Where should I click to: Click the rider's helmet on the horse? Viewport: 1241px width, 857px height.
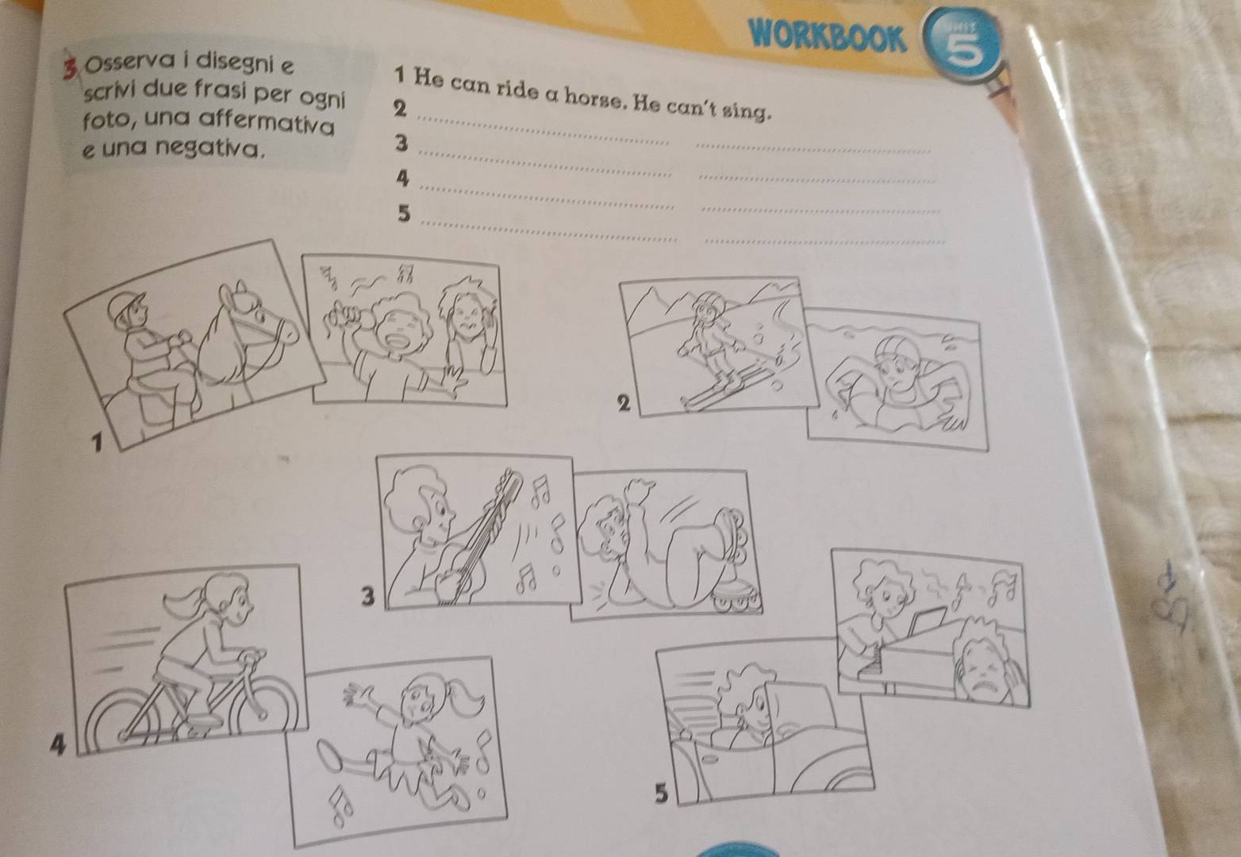coord(124,306)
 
